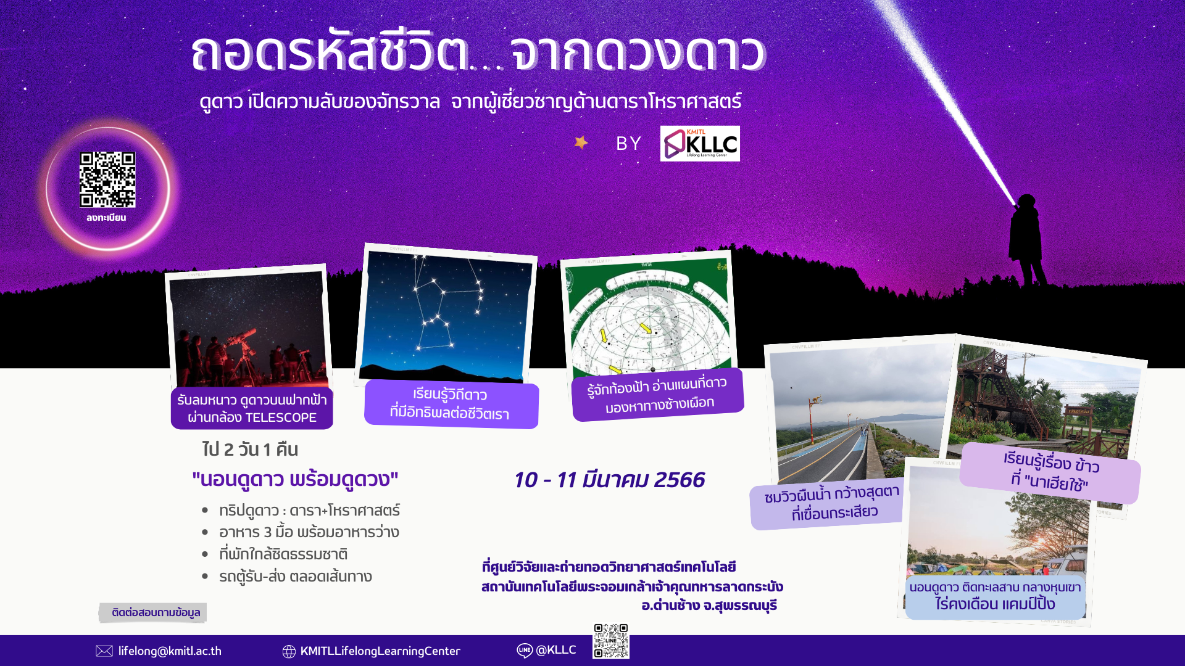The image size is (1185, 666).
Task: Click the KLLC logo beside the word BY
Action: [700, 144]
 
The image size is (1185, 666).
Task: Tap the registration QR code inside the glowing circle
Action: [107, 179]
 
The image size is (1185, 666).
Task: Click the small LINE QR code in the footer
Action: [611, 641]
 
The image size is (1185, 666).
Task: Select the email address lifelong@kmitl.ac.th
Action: [170, 651]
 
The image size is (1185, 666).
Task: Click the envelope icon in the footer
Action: [104, 651]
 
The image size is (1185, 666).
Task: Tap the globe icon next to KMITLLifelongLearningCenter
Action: [289, 651]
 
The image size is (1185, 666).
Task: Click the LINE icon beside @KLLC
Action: [525, 651]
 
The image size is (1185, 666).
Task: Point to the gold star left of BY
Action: [581, 142]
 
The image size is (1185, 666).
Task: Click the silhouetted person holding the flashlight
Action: [1027, 240]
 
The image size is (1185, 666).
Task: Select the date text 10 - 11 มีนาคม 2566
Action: [609, 480]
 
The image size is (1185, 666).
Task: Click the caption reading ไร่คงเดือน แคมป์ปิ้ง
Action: [995, 604]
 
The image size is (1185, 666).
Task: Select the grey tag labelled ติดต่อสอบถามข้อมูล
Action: [154, 612]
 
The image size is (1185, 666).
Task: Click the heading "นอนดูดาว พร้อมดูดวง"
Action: [295, 479]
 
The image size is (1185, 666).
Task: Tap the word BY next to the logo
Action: [628, 144]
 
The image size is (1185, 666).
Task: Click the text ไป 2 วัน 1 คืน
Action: [250, 450]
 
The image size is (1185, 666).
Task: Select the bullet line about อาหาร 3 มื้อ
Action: [309, 532]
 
